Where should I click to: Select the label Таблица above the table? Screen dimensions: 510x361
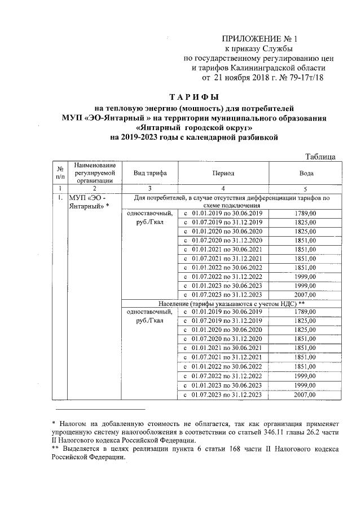coord(320,156)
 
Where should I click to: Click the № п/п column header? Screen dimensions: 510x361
coord(59,173)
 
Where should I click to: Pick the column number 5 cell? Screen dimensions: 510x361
coord(305,188)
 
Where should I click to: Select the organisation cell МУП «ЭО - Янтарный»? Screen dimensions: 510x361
coord(90,202)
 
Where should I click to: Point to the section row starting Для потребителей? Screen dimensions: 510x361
coord(231,202)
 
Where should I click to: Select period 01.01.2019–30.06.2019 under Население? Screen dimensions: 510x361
coord(223,312)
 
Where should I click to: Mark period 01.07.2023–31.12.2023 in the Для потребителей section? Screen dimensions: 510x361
coord(223,294)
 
